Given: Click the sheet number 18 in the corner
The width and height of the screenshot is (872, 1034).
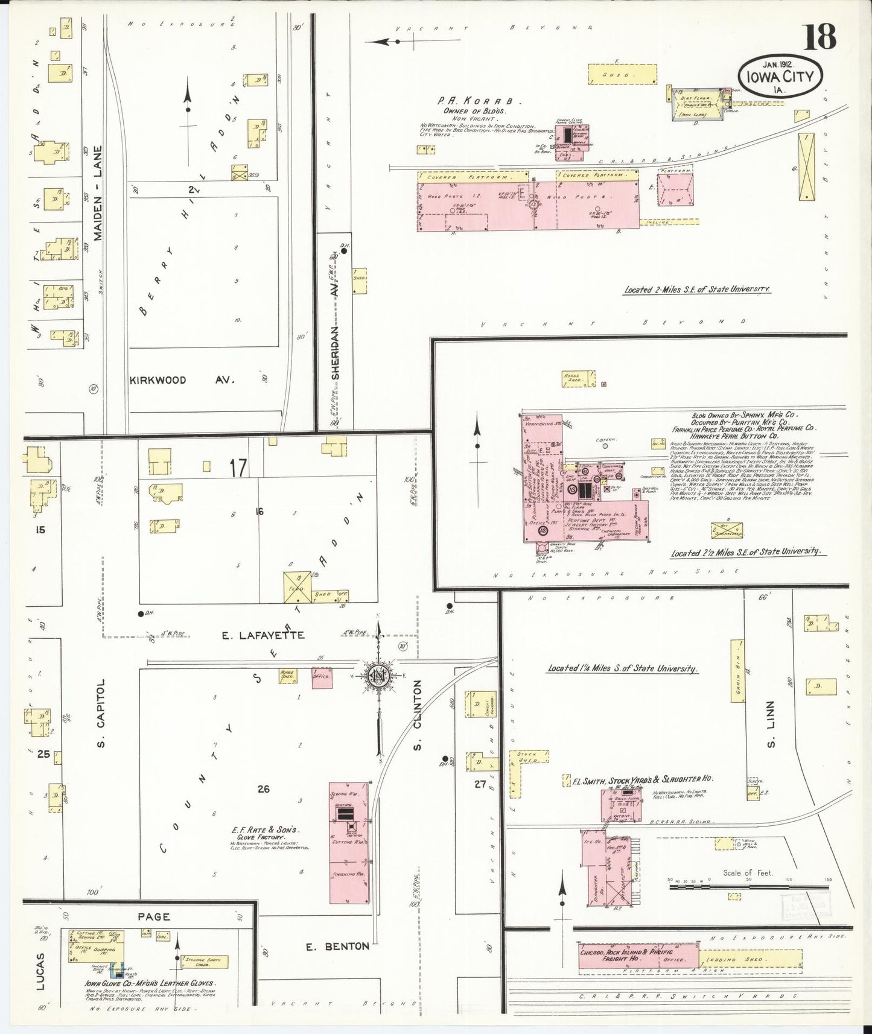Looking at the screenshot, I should [x=819, y=37].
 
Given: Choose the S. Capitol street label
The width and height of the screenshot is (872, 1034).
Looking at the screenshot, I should [x=101, y=712].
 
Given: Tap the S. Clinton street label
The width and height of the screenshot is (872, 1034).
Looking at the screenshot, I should [x=417, y=715].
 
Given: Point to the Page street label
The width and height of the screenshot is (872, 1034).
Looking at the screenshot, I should [x=154, y=916].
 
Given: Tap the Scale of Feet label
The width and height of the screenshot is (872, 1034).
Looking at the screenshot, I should [x=748, y=872].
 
